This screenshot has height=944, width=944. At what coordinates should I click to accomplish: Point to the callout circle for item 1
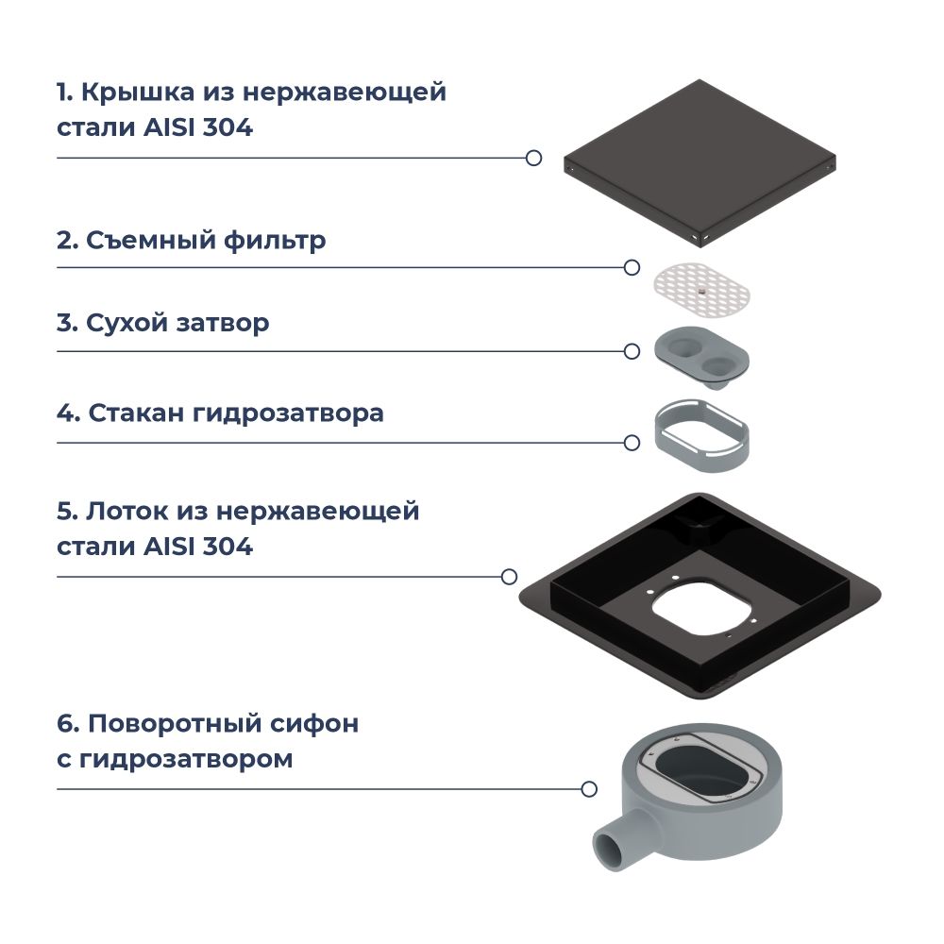[533, 158]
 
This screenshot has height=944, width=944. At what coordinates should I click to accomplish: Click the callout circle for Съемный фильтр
[632, 268]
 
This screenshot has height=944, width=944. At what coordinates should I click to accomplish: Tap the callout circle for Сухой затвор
[632, 351]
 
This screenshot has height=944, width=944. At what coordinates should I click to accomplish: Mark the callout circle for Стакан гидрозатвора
[632, 442]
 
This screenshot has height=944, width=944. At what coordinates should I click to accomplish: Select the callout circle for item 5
[509, 576]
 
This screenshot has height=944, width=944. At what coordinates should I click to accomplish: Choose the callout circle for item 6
[589, 788]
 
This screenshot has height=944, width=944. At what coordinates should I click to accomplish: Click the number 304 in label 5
[228, 546]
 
